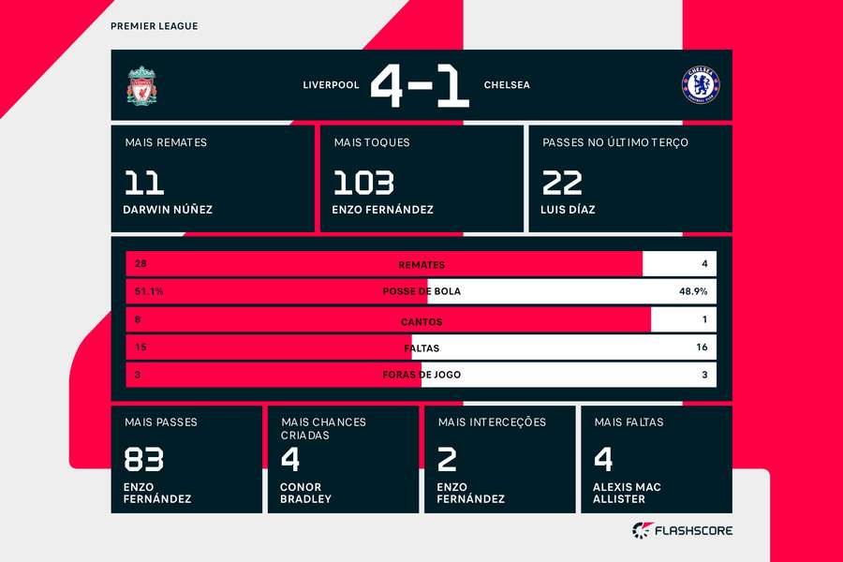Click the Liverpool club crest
click(x=142, y=85)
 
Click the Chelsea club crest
click(x=700, y=85)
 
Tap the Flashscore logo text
click(x=693, y=531)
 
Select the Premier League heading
click(x=154, y=26)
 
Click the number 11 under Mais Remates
click(x=143, y=182)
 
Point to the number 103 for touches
click(x=362, y=182)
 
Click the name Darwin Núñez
click(x=168, y=210)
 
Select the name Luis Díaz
click(x=568, y=210)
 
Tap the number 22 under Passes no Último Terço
click(x=562, y=182)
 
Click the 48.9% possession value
click(x=693, y=291)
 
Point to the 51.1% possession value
click(x=149, y=291)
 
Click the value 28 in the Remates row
click(x=140, y=264)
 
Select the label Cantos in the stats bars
click(x=421, y=321)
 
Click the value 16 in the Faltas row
click(x=702, y=348)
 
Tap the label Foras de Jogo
click(x=421, y=375)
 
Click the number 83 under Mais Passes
click(x=143, y=460)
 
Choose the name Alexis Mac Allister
click(x=627, y=493)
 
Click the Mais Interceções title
click(x=492, y=422)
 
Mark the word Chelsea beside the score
click(x=507, y=85)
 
